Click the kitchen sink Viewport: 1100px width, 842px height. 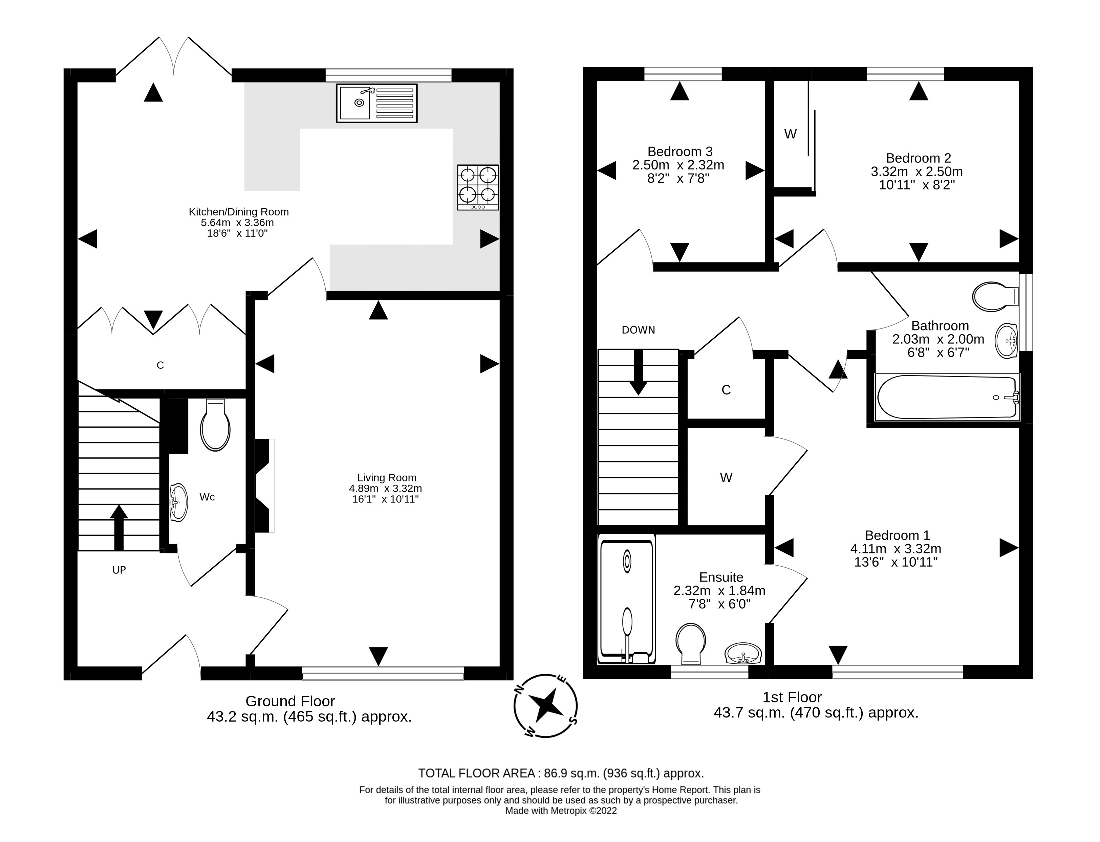(x=376, y=103)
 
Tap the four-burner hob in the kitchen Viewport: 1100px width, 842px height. (x=477, y=187)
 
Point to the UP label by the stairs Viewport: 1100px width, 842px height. (x=119, y=570)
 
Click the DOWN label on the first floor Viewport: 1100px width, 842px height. (x=638, y=330)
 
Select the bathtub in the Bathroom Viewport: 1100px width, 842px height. (x=947, y=397)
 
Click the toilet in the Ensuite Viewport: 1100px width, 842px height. (x=691, y=643)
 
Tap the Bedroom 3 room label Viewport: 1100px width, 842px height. (x=680, y=151)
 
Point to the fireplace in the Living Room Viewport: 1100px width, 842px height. (x=264, y=485)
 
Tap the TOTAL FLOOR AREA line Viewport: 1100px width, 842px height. (x=561, y=773)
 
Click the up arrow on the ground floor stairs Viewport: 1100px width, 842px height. (x=118, y=527)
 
